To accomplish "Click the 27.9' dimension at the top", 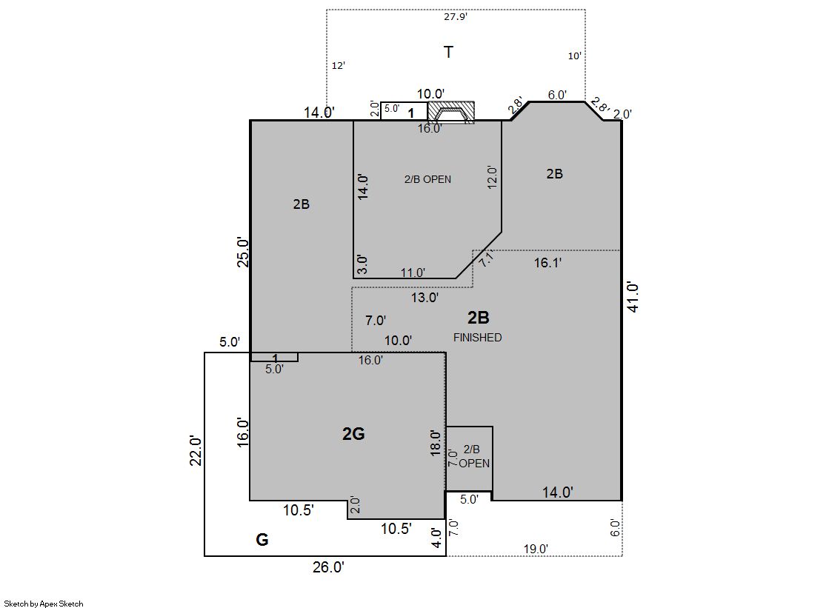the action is pos(455,17).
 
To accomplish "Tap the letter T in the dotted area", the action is pos(448,53).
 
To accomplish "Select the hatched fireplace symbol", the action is pos(450,113).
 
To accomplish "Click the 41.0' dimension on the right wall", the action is pos(633,297).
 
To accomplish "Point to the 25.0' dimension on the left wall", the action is pos(243,252).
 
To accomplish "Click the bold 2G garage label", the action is pos(353,433).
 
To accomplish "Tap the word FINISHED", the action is pos(477,337).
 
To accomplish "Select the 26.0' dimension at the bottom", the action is pos(328,567).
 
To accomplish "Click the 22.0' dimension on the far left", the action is pos(196,450).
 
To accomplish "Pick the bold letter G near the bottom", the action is pos(262,540).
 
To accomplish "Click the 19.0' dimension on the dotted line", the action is pos(536,549).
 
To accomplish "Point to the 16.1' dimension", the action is pos(547,263).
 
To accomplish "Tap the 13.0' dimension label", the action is pos(425,298).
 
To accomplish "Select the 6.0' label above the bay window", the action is pos(557,95).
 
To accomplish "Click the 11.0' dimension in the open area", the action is pos(413,273).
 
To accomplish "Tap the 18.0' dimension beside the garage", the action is pos(435,443).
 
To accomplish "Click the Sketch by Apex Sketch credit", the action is pos(44,604).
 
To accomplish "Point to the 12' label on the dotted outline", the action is pos(339,66).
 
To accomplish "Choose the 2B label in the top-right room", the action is pos(555,174).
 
